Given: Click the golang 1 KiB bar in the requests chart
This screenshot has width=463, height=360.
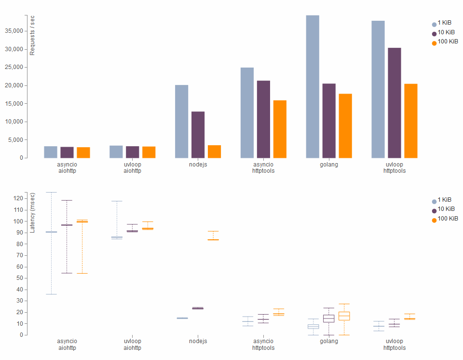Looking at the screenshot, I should click(313, 87).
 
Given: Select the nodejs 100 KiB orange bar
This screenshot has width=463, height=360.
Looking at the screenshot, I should click(214, 152).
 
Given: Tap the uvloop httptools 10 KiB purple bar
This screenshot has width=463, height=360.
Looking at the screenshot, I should click(395, 103).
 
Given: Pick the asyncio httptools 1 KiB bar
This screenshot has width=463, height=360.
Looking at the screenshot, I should click(247, 113).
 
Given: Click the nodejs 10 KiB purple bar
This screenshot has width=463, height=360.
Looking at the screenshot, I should click(198, 135).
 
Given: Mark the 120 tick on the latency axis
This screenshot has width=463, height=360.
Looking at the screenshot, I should click(18, 198).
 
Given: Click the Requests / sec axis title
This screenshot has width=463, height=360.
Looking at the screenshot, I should click(32, 35).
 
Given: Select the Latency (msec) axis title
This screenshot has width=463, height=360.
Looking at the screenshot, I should click(32, 212).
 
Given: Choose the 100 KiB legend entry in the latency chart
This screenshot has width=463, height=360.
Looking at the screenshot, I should click(445, 219).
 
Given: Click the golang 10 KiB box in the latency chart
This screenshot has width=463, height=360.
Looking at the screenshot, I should click(329, 318).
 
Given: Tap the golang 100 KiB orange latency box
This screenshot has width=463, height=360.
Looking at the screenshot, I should click(344, 316).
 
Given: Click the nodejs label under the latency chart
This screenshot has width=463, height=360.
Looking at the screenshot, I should click(198, 341).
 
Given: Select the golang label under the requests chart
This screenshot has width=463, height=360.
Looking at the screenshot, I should click(329, 164).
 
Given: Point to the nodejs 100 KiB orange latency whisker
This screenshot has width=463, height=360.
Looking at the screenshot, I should click(213, 235).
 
